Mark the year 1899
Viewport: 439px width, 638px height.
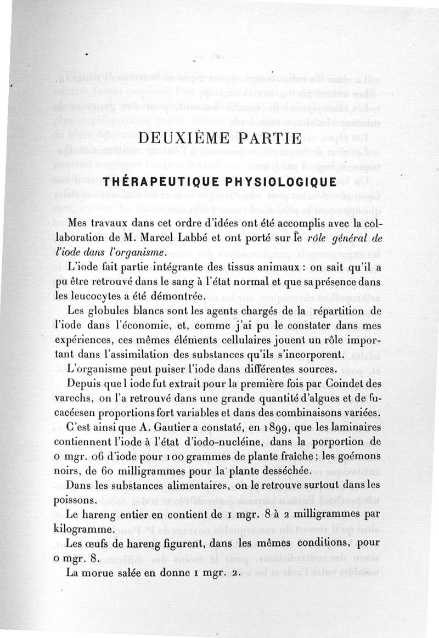pyautogui.click(x=271, y=427)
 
